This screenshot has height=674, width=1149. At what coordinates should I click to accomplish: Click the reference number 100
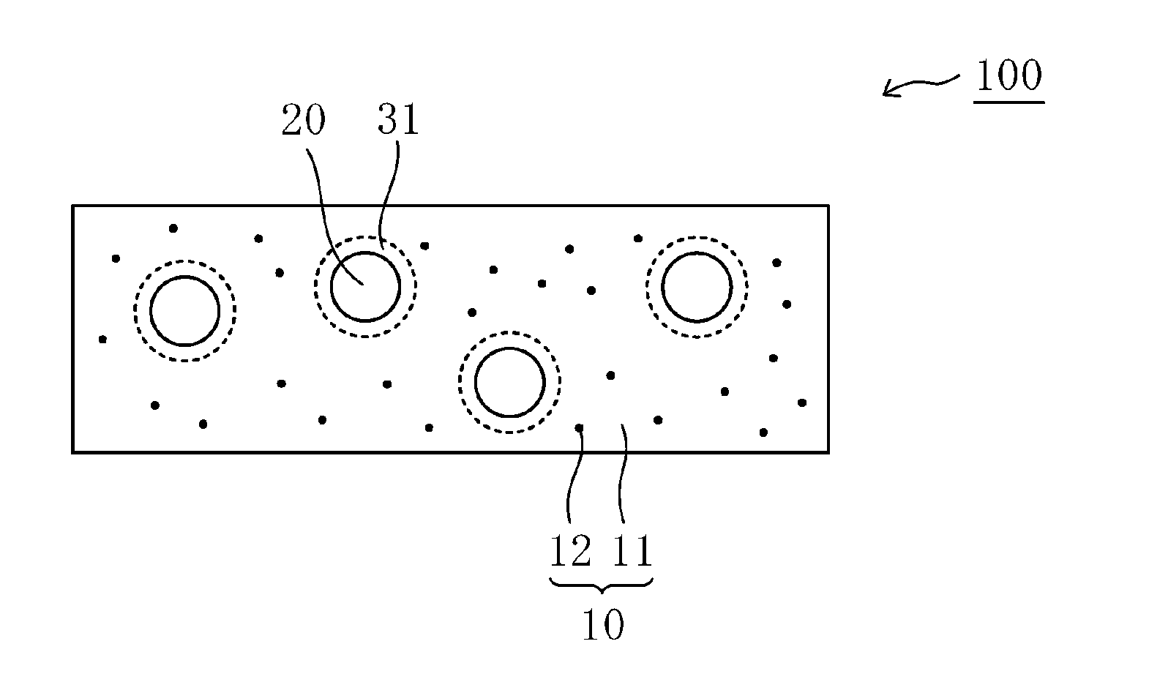(1008, 76)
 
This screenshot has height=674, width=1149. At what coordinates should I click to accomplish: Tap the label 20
(303, 121)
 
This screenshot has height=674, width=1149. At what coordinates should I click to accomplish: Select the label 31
(398, 121)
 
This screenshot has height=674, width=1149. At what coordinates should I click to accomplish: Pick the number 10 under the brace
(602, 626)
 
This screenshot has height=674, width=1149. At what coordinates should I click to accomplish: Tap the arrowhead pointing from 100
(886, 91)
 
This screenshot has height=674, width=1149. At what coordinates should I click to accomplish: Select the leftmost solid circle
(184, 310)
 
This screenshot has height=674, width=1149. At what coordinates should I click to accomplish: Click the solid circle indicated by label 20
(365, 286)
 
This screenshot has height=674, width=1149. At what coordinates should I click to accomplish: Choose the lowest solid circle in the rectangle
(509, 383)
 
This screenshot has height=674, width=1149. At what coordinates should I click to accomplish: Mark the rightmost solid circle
(697, 287)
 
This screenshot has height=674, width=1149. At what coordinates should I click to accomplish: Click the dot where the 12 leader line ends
(579, 427)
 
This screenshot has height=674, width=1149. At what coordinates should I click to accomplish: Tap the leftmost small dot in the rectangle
(102, 339)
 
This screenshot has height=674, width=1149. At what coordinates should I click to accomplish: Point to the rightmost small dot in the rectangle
(802, 402)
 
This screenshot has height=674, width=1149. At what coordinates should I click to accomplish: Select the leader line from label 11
(623, 476)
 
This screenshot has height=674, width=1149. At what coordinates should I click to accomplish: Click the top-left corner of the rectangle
(73, 206)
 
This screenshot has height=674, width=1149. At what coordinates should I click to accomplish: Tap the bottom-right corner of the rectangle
(828, 452)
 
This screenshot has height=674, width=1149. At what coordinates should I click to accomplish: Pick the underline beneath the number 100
(1008, 102)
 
